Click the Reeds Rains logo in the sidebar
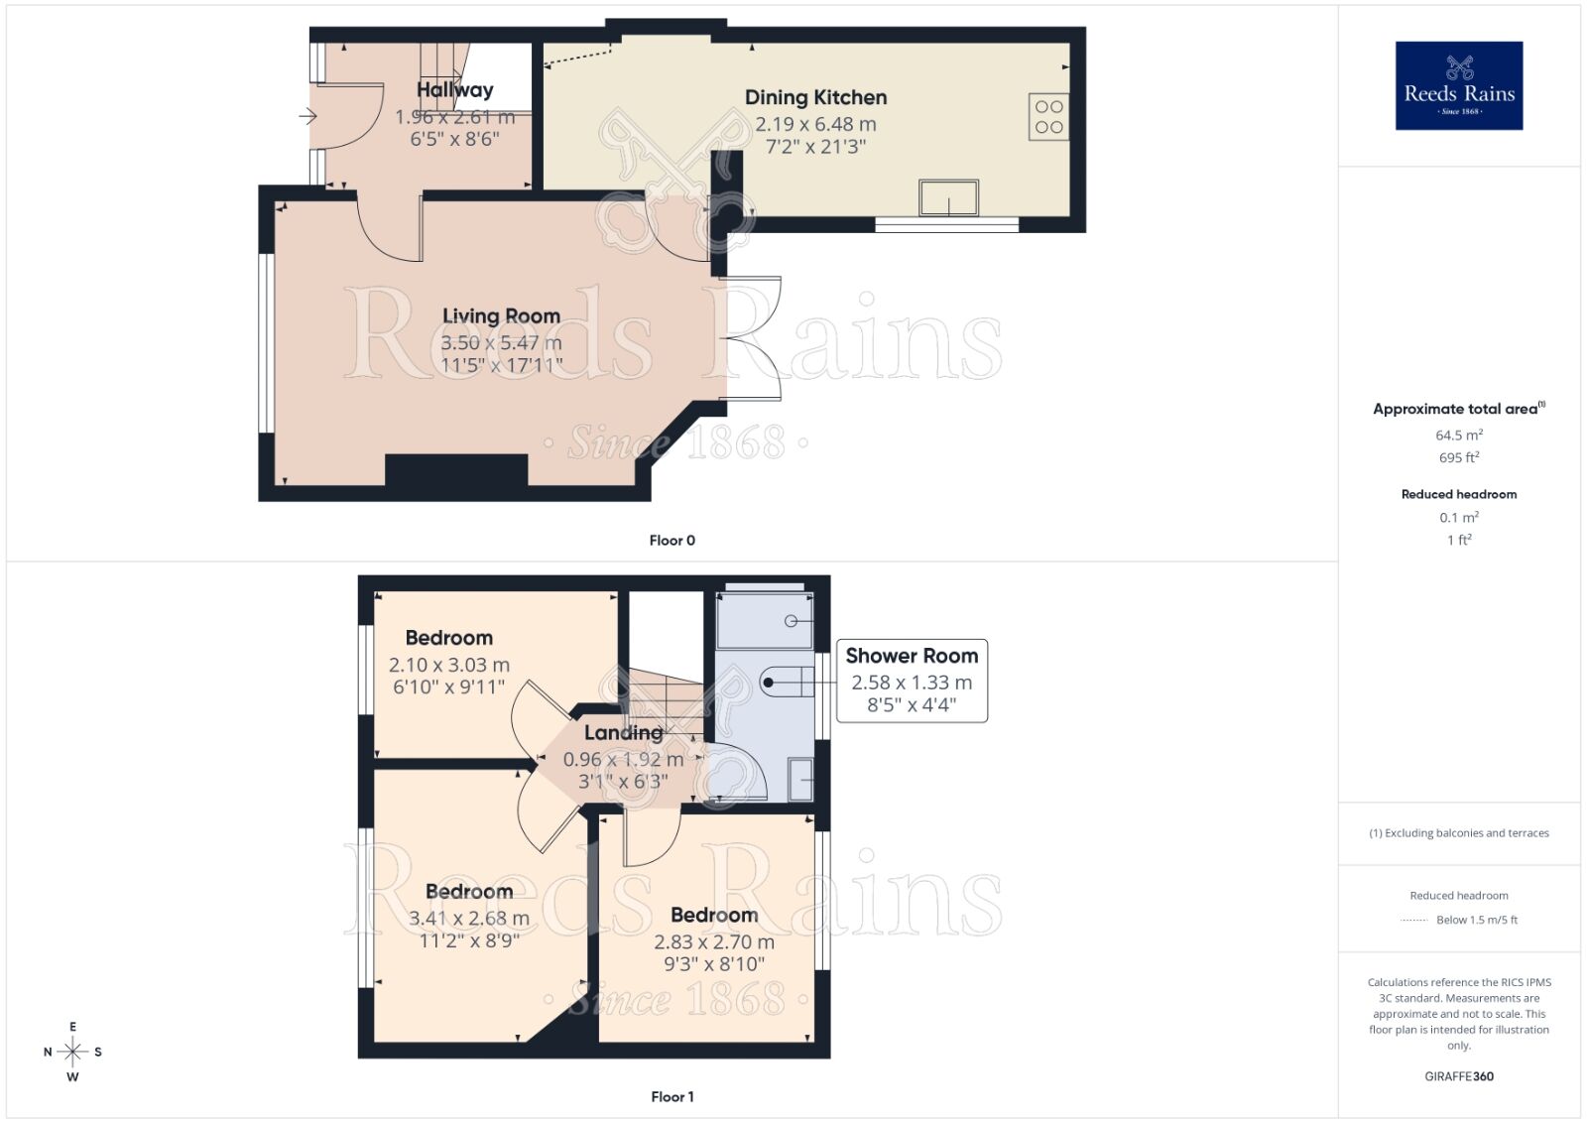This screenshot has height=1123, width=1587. pyautogui.click(x=1458, y=85)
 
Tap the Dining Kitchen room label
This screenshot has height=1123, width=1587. pyautogui.click(x=815, y=97)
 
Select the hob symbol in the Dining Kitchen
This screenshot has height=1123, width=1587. pyautogui.click(x=1048, y=117)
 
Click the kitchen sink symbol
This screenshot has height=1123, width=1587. pyautogui.click(x=948, y=197)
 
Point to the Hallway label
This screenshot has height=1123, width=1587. pyautogui.click(x=454, y=89)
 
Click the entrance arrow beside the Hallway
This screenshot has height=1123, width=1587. pyautogui.click(x=307, y=117)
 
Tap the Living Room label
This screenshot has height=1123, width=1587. pyautogui.click(x=501, y=315)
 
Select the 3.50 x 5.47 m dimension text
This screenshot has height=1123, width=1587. pyautogui.click(x=501, y=342)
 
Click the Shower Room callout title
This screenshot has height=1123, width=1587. pyautogui.click(x=912, y=656)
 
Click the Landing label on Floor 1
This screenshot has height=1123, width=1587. pyautogui.click(x=623, y=732)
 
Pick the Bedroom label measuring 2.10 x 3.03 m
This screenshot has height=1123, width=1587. pyautogui.click(x=448, y=638)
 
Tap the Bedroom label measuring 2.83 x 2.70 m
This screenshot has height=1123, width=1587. pyautogui.click(x=714, y=915)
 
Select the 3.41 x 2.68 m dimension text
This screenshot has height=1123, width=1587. pyautogui.click(x=469, y=919)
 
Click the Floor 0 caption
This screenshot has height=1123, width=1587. pyautogui.click(x=671, y=541)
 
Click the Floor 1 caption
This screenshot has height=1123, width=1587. pyautogui.click(x=671, y=1096)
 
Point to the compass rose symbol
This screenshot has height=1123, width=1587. pyautogui.click(x=72, y=1052)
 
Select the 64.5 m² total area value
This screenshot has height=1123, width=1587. pyautogui.click(x=1458, y=436)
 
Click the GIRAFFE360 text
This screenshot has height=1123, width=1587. pyautogui.click(x=1458, y=1076)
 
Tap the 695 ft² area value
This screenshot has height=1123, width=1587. pyautogui.click(x=1458, y=458)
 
